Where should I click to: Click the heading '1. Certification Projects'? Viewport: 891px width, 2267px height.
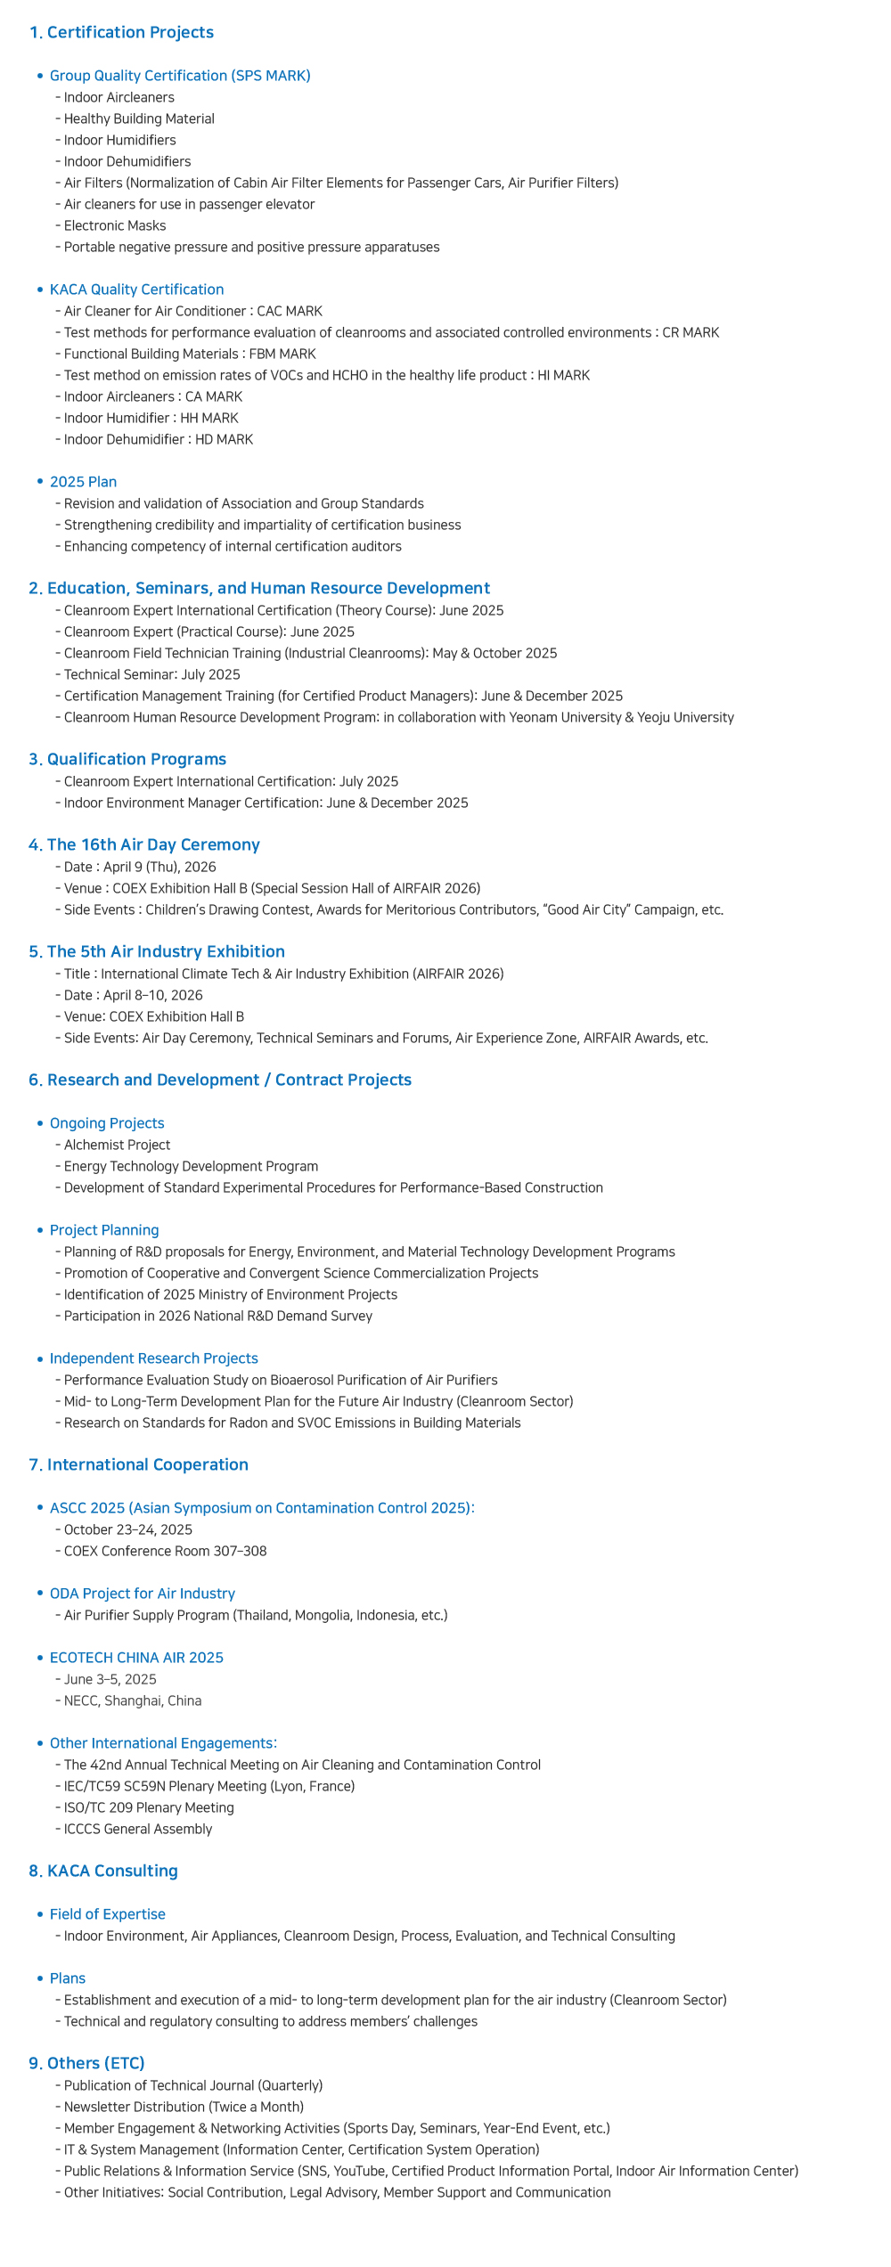point(121,32)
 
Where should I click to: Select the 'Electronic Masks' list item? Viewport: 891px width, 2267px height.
point(115,225)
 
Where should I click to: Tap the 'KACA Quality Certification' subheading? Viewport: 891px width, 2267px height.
point(136,289)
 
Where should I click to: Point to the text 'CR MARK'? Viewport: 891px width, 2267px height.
point(691,332)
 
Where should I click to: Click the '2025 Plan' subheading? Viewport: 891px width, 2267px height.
point(83,482)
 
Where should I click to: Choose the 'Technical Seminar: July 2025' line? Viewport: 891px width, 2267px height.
point(151,674)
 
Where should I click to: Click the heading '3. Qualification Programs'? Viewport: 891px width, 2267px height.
point(127,759)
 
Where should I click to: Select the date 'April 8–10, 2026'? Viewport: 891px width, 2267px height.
point(153,995)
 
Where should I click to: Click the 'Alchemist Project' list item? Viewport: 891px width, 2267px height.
point(117,1145)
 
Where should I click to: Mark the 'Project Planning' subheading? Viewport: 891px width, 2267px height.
point(104,1230)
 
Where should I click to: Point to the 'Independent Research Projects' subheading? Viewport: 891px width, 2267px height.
point(153,1358)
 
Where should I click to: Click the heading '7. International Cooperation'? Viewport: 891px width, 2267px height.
point(138,1464)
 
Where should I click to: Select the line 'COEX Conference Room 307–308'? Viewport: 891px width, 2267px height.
point(165,1551)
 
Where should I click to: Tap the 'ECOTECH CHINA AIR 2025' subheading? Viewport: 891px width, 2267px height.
point(136,1658)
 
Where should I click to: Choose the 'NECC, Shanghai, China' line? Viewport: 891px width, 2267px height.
point(133,1700)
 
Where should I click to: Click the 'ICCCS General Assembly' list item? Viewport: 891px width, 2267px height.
point(138,1829)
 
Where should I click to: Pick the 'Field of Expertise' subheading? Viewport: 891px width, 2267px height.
point(107,1914)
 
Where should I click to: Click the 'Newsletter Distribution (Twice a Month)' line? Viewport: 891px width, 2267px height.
point(184,2107)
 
